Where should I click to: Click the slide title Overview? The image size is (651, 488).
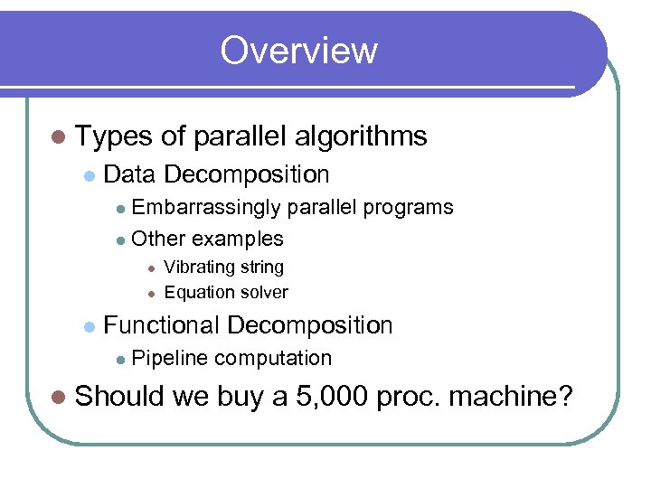pyautogui.click(x=298, y=50)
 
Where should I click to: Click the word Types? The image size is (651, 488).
pyautogui.click(x=115, y=136)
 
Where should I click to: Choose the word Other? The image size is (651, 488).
pyautogui.click(x=158, y=239)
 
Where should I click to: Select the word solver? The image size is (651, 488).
pyautogui.click(x=261, y=292)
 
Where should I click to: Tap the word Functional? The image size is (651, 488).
pyautogui.click(x=163, y=325)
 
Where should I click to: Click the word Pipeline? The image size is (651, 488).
pyautogui.click(x=169, y=359)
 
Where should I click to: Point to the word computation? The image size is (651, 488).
pyautogui.click(x=274, y=359)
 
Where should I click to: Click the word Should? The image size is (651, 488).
pyautogui.click(x=119, y=396)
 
